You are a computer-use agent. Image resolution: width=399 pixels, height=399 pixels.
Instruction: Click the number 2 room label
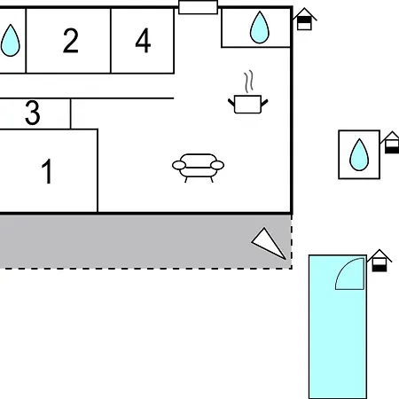point(71,41)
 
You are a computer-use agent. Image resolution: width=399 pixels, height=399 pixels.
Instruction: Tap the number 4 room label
point(143,41)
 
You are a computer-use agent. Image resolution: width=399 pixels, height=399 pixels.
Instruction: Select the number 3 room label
point(33,113)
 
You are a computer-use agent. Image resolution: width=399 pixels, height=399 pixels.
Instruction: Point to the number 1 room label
point(47,171)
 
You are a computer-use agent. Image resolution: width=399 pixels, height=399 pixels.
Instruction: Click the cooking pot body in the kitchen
point(247,104)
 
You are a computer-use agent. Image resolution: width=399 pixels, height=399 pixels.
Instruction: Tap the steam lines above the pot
point(249,82)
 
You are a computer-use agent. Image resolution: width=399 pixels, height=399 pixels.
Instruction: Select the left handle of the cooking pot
point(231,103)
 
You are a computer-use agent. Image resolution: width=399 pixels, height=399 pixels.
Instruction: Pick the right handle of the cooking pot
point(264,103)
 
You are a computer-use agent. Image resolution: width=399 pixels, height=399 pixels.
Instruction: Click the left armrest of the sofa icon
point(179,165)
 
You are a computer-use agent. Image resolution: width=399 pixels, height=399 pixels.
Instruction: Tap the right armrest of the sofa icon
point(217,165)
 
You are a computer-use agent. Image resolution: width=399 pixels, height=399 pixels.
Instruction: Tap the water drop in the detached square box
point(359,154)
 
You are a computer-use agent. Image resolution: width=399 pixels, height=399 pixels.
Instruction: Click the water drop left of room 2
point(11,41)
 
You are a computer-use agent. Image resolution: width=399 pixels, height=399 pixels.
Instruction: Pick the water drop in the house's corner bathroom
point(260,27)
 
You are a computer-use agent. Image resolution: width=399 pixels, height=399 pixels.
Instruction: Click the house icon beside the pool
point(379,261)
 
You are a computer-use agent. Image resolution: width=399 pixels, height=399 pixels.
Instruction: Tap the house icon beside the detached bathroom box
point(391,143)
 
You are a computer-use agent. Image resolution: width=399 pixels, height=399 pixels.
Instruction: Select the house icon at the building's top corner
point(304,19)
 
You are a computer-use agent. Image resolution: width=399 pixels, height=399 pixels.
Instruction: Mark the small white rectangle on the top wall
point(198,7)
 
